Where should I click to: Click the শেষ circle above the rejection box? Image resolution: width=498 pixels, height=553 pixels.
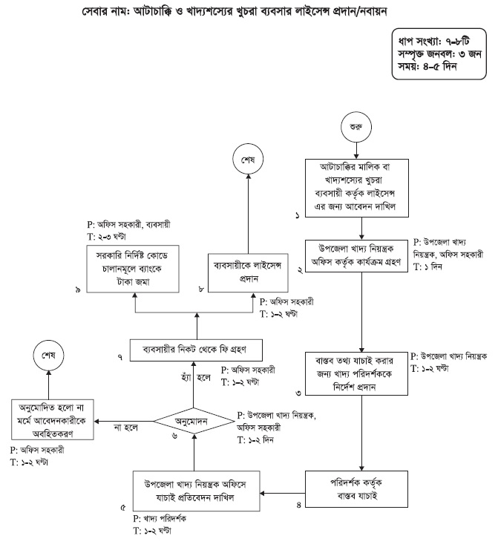coord(49,356)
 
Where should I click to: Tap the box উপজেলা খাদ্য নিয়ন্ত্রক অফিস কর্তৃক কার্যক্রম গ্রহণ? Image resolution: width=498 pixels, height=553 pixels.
coord(359,256)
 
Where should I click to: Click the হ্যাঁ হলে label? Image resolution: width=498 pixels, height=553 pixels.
coord(198,378)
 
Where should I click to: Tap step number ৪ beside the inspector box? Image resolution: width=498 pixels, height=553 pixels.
coord(297,504)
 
